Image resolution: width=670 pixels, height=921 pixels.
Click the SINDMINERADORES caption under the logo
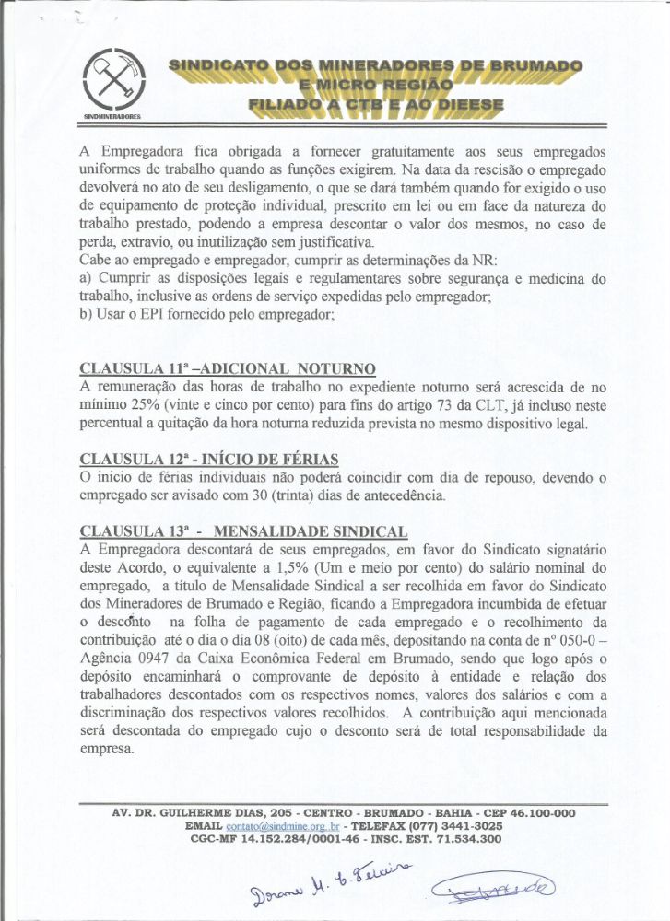point(112,119)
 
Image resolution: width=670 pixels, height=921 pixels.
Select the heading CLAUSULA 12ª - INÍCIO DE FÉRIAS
point(209,459)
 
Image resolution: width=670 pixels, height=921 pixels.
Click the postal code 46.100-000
point(534,813)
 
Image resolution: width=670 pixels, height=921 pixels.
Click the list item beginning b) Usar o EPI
point(206,315)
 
